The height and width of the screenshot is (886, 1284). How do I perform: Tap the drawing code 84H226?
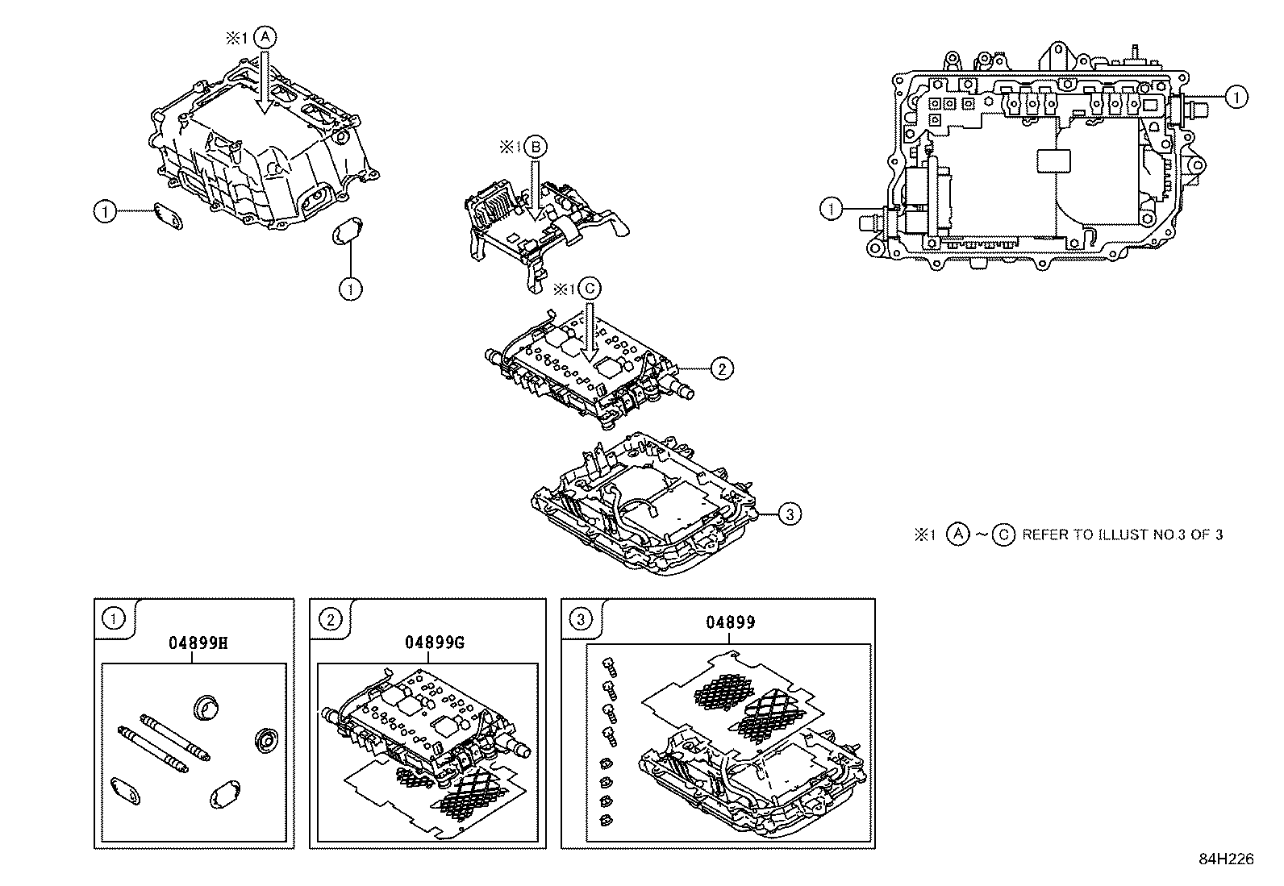[1226, 859]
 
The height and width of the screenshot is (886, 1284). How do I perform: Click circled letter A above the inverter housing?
[265, 37]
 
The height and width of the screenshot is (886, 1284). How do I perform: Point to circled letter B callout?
[536, 147]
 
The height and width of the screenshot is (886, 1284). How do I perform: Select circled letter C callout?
[590, 288]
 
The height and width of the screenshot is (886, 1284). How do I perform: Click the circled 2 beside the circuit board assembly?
[721, 368]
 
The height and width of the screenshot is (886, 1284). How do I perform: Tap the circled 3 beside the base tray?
[790, 513]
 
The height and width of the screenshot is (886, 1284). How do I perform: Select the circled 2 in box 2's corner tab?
[330, 619]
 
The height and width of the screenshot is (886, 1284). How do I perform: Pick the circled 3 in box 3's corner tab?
[581, 619]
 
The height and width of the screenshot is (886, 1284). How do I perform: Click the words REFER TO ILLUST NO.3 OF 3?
[1122, 535]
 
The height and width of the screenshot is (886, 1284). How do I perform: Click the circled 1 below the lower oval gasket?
[350, 289]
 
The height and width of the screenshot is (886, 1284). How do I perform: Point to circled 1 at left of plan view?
[831, 210]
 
